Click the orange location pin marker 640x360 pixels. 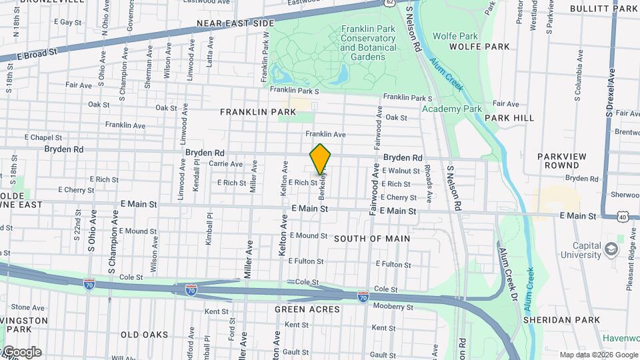click(321, 159)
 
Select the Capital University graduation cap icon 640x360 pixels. click(611, 250)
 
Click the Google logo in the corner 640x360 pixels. click(21, 351)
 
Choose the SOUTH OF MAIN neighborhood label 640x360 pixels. click(371, 238)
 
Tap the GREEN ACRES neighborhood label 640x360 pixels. click(307, 309)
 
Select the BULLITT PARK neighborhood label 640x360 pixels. click(604, 9)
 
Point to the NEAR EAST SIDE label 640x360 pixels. click(235, 23)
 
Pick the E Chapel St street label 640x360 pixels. click(43, 137)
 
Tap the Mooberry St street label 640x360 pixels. click(393, 307)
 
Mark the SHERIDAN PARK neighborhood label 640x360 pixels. click(573, 320)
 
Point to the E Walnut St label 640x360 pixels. click(401, 171)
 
